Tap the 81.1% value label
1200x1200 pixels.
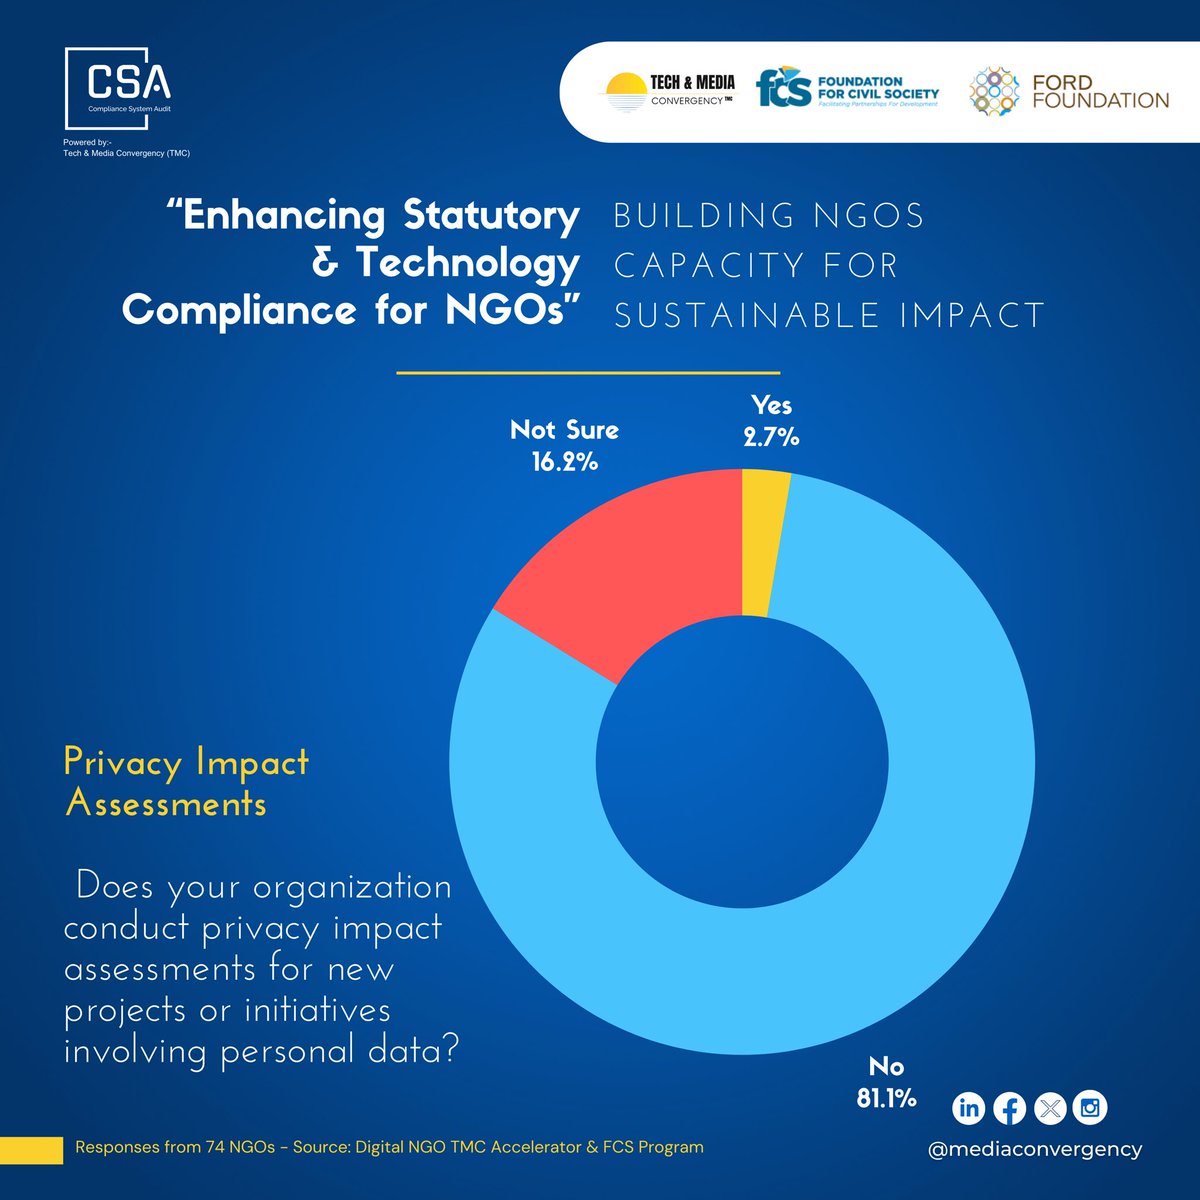tap(886, 1098)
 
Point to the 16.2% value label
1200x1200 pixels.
tap(565, 461)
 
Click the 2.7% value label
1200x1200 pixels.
tap(771, 437)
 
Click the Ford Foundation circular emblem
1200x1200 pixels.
tap(994, 91)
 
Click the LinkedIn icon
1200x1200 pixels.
tap(968, 1108)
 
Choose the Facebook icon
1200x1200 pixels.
tap(1009, 1108)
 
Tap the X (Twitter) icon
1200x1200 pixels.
tap(1049, 1108)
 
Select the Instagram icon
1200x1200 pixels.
tap(1090, 1108)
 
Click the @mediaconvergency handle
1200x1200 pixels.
tap(1034, 1149)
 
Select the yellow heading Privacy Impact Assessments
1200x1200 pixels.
tap(186, 783)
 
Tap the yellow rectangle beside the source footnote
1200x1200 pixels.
tap(31, 1150)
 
